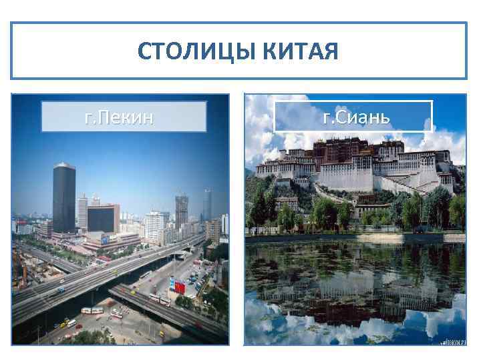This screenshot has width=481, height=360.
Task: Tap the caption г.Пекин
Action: pos(124,117)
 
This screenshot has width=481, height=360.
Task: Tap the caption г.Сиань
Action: pos(353,117)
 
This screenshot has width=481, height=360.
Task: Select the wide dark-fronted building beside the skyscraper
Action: pos(103,218)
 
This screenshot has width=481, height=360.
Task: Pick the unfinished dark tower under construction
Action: pos(181,210)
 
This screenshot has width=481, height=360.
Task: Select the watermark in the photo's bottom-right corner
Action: pos(452,340)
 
